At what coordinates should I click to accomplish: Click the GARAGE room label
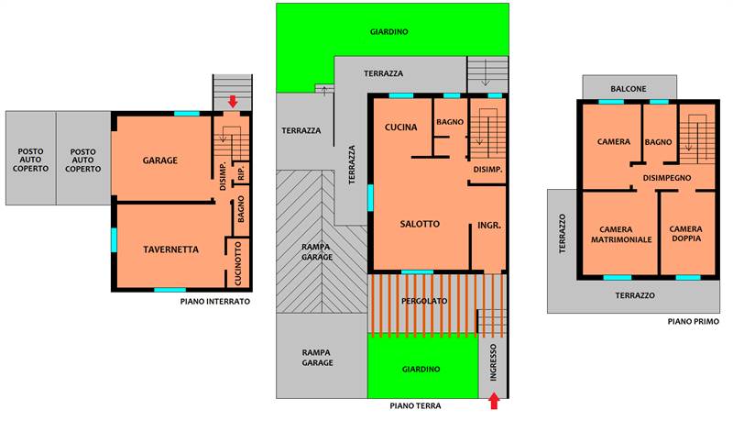pyautogui.click(x=159, y=161)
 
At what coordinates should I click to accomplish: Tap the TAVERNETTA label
pyautogui.click(x=170, y=249)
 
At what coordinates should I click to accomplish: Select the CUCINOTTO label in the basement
pyautogui.click(x=238, y=264)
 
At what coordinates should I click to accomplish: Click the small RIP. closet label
pyautogui.click(x=241, y=172)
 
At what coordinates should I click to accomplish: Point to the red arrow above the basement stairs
pyautogui.click(x=233, y=101)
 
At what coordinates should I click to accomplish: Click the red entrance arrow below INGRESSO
pyautogui.click(x=494, y=402)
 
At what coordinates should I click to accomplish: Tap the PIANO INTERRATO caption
pyautogui.click(x=215, y=302)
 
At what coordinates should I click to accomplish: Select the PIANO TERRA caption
pyautogui.click(x=415, y=406)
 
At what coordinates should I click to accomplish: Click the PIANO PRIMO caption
pyautogui.click(x=694, y=321)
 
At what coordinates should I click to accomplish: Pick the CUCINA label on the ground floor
pyautogui.click(x=400, y=127)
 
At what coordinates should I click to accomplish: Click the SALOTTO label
pyautogui.click(x=420, y=224)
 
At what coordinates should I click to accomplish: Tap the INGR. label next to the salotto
pyautogui.click(x=489, y=226)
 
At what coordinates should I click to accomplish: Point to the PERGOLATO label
pyautogui.click(x=424, y=301)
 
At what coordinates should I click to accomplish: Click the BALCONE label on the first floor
pyautogui.click(x=629, y=89)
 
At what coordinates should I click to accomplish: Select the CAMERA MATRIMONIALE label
pyautogui.click(x=621, y=235)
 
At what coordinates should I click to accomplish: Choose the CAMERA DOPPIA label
pyautogui.click(x=685, y=233)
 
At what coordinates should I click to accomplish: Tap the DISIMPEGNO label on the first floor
pyautogui.click(x=667, y=178)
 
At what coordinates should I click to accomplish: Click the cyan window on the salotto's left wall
pyautogui.click(x=370, y=198)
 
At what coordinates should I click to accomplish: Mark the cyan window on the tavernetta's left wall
pyautogui.click(x=114, y=240)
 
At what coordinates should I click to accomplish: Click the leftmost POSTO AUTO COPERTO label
pyautogui.click(x=30, y=160)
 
